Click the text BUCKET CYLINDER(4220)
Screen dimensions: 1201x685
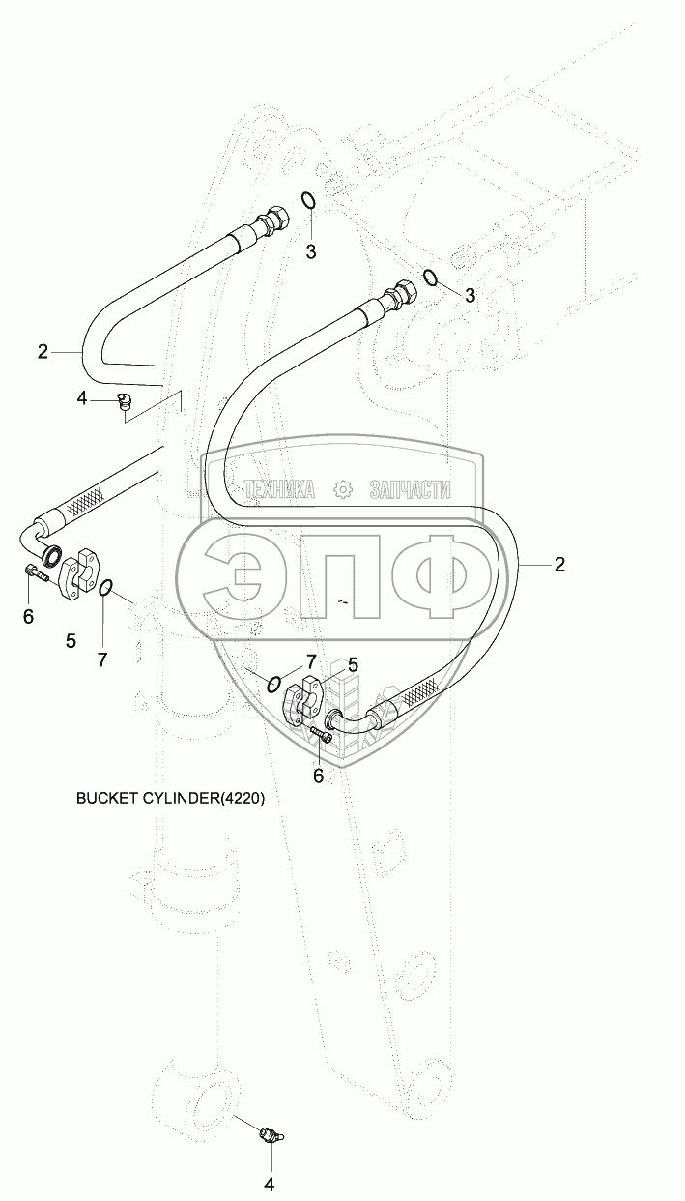pos(169,799)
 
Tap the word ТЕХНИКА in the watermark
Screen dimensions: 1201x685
pos(279,489)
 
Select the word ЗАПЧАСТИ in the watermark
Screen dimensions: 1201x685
pos(410,489)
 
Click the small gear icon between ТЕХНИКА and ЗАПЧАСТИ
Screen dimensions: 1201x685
pos(342,489)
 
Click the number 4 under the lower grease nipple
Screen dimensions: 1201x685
pos(270,1183)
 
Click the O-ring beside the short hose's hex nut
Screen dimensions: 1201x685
pos(307,201)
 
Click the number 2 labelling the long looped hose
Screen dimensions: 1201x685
pos(559,565)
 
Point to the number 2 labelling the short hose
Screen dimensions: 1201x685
pos(43,352)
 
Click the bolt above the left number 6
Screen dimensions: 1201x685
pos(37,573)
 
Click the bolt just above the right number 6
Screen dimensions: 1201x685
pos(323,738)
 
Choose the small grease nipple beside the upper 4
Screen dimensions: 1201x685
pos(123,400)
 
